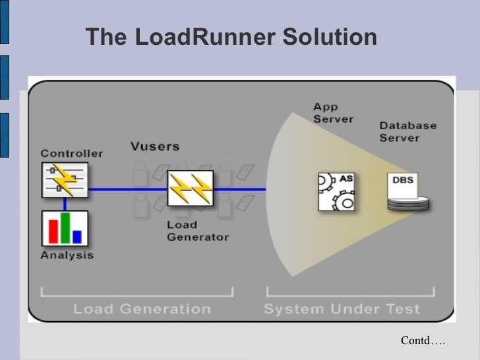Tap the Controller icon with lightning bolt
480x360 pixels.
pyautogui.click(x=64, y=180)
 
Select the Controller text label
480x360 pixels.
pyautogui.click(x=71, y=154)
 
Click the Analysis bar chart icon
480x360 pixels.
pyautogui.click(x=64, y=228)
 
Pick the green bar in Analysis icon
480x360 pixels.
pyautogui.click(x=65, y=228)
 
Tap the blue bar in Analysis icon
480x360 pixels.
pyautogui.click(x=77, y=236)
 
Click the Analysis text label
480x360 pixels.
pyautogui.click(x=67, y=255)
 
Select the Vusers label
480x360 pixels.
pyautogui.click(x=154, y=146)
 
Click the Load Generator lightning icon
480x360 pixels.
pyautogui.click(x=190, y=189)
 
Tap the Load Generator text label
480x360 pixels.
pyautogui.click(x=197, y=231)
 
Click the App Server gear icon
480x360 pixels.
pyautogui.click(x=336, y=191)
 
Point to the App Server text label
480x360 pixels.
pyautogui.click(x=333, y=113)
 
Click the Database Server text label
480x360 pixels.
pyautogui.click(x=407, y=131)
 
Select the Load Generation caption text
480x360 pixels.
pyautogui.click(x=142, y=309)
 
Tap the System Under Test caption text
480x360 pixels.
pyautogui.click(x=341, y=309)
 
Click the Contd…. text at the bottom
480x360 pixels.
pyautogui.click(x=423, y=340)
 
